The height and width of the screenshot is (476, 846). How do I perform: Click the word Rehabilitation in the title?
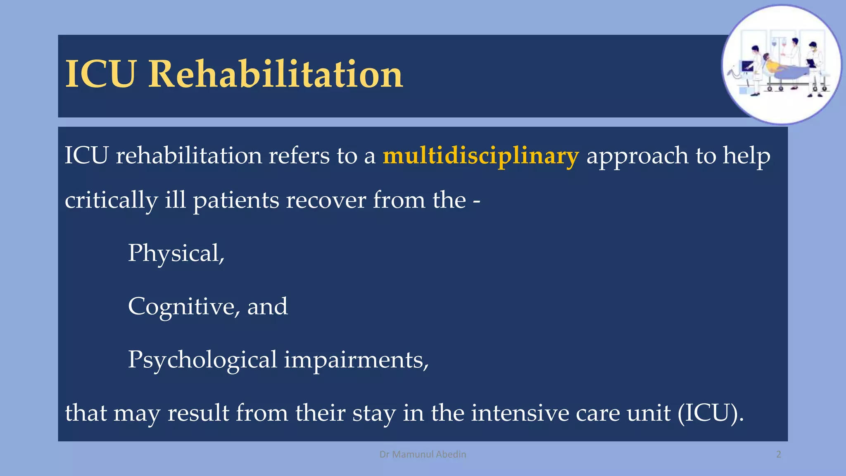point(275,74)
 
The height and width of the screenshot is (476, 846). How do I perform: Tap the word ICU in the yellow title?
point(100,74)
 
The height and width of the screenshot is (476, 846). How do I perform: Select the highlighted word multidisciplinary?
point(480,156)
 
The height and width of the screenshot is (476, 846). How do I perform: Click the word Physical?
point(175,253)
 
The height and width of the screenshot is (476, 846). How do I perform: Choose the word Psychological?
point(202,360)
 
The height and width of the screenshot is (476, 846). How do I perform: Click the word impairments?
point(356,360)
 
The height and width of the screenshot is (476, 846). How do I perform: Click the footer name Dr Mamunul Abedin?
point(423,455)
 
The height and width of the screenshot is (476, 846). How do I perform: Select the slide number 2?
point(778,455)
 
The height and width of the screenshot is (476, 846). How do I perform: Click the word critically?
point(111,200)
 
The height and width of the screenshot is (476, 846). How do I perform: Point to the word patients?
point(236,200)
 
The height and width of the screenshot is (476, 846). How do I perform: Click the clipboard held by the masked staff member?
point(810,63)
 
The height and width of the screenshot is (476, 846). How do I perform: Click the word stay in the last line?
point(374,413)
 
